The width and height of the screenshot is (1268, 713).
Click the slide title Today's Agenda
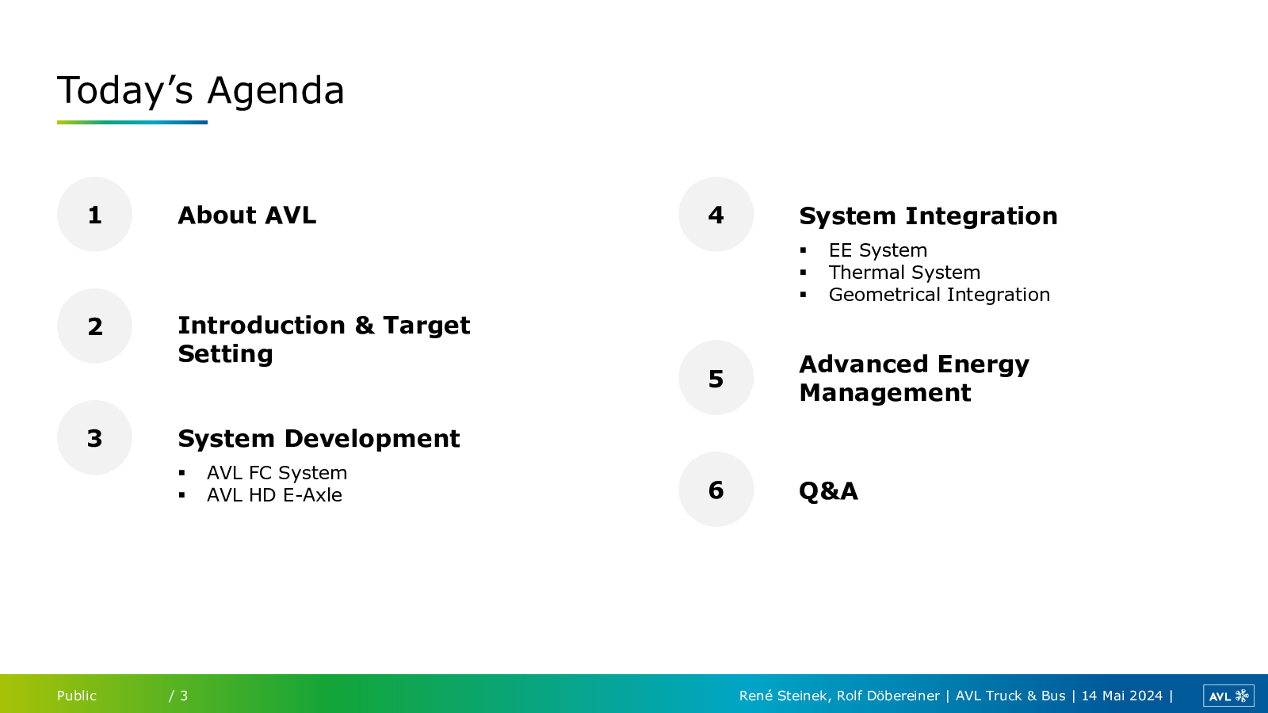click(201, 90)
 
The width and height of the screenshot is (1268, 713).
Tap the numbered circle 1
click(94, 215)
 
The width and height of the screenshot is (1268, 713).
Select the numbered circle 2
click(94, 326)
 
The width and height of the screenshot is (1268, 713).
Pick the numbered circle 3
click(94, 437)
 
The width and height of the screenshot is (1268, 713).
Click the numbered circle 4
click(716, 215)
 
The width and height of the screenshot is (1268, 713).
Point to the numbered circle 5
click(716, 377)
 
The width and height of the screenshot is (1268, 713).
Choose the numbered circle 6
click(716, 489)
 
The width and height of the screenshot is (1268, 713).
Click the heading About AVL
click(246, 215)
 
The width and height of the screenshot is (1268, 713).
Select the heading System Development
click(319, 439)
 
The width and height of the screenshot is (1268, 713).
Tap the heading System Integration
click(928, 216)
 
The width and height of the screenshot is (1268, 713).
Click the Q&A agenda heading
click(828, 490)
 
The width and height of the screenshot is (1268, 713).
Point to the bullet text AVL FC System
click(277, 472)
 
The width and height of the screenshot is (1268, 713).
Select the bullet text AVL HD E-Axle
click(274, 494)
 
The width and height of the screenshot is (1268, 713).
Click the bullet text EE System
click(878, 250)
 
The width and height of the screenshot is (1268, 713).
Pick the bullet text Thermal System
click(904, 273)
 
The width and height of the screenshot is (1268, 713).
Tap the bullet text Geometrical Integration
click(939, 294)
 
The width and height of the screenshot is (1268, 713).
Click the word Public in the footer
click(76, 696)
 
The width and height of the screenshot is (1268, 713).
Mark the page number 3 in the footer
click(184, 696)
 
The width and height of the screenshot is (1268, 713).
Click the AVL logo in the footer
click(1228, 696)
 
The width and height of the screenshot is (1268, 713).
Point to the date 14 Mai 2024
click(1122, 696)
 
